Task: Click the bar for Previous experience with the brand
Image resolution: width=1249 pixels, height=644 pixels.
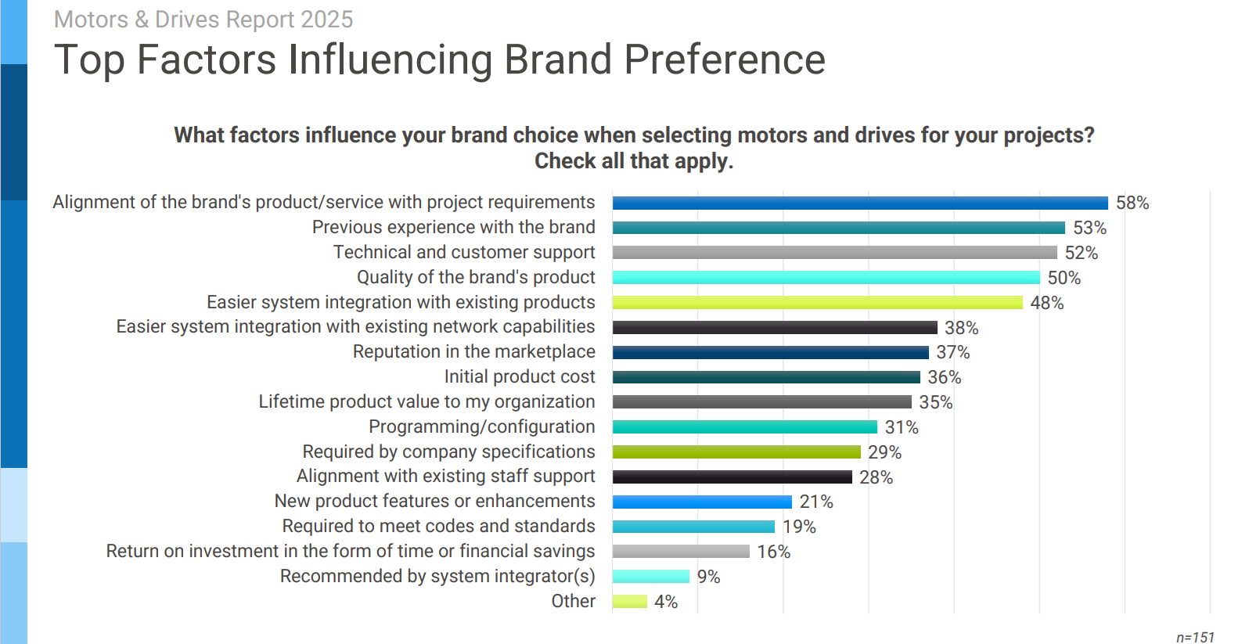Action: (838, 228)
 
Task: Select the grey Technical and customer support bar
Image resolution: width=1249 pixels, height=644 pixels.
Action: (834, 253)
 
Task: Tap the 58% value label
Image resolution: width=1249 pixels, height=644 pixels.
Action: (1132, 203)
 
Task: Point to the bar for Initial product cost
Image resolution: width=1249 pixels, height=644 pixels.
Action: (766, 377)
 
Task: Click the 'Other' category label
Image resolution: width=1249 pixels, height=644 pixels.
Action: (573, 601)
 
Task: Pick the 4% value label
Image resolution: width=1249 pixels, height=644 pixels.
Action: (666, 602)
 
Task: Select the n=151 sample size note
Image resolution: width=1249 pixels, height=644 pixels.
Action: (1195, 637)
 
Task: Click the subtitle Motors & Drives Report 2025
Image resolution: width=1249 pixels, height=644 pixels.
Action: (203, 20)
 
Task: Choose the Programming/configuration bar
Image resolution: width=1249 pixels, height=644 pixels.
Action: (744, 427)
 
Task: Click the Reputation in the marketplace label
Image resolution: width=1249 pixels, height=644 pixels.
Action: (473, 352)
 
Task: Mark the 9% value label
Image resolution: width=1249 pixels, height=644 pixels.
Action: (708, 577)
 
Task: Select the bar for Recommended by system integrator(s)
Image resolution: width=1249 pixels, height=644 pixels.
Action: (650, 577)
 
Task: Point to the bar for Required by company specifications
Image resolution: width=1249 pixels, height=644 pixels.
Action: (736, 452)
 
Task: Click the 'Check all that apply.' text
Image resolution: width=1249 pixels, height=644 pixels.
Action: (634, 161)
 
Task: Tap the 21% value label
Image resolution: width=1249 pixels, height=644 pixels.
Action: (816, 502)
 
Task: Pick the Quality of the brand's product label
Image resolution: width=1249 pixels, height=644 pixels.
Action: (476, 277)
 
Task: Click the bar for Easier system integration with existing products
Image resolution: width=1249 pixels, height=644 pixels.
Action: (817, 303)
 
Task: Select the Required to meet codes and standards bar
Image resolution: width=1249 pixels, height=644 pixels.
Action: (693, 527)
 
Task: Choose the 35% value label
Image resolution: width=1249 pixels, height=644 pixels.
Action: (936, 402)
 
